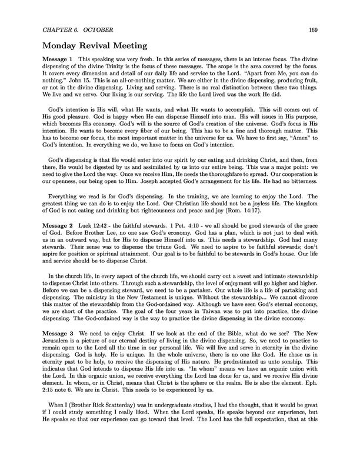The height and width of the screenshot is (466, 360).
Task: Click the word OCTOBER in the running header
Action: point(90,31)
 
